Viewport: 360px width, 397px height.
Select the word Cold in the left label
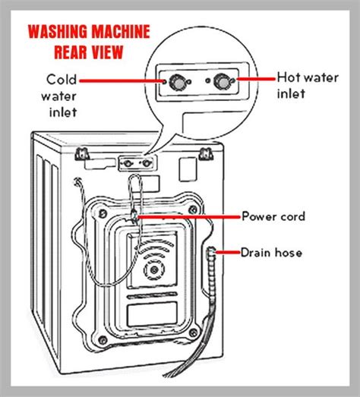62,78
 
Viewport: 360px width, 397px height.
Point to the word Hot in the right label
289,77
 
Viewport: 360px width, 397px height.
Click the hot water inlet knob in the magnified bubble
223,81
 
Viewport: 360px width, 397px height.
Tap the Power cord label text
274,217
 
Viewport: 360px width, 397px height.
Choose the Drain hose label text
272,252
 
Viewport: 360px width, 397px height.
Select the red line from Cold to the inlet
122,79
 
